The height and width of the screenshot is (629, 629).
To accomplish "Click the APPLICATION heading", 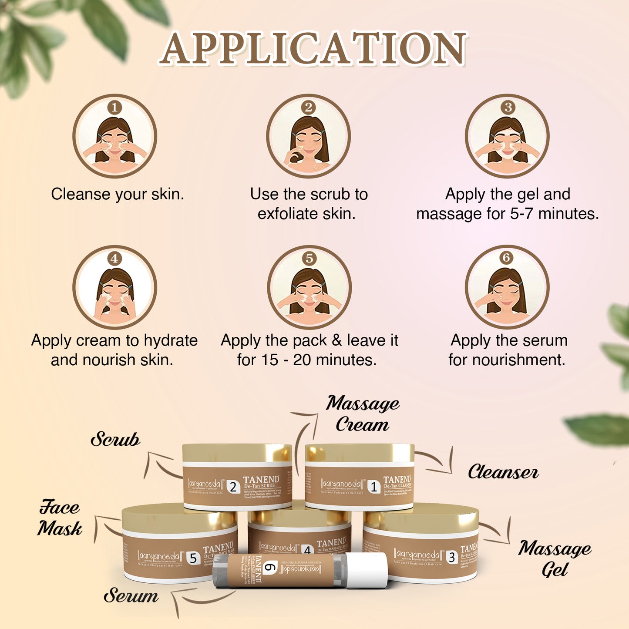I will [x=313, y=49].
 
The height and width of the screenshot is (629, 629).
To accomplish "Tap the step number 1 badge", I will [x=114, y=107].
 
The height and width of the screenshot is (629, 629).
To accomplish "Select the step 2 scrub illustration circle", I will [x=308, y=136].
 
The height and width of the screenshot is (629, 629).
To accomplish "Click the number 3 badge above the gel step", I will [x=508, y=107].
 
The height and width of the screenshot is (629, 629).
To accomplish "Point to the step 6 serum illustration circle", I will [x=507, y=287].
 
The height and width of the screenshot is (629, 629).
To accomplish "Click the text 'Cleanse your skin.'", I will [x=118, y=194].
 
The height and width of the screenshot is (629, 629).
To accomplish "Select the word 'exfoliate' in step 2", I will [x=288, y=214].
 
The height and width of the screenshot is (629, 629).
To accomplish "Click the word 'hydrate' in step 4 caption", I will [x=171, y=340].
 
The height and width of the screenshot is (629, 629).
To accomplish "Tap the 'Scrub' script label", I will [x=115, y=439].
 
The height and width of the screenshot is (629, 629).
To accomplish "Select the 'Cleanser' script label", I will [x=503, y=472].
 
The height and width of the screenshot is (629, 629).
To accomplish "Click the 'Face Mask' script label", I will [x=60, y=518].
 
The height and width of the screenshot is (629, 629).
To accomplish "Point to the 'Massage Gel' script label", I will [x=555, y=558].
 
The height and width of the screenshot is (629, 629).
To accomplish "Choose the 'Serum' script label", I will [x=131, y=595].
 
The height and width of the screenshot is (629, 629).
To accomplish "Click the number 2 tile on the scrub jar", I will [x=233, y=487].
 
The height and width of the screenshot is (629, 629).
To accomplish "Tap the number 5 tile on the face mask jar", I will [x=193, y=558].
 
